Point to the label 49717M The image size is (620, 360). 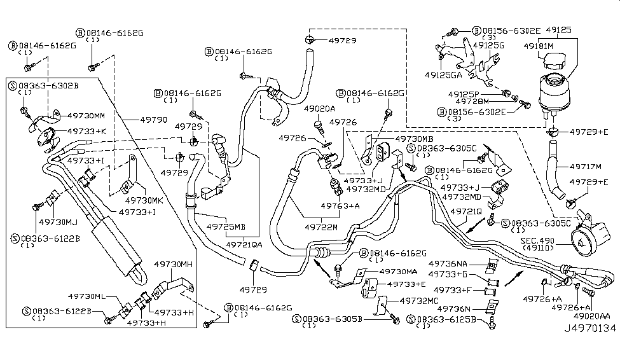586,167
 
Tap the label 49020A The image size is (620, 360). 319,109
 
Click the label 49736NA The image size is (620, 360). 448,263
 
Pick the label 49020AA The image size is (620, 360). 591,315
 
